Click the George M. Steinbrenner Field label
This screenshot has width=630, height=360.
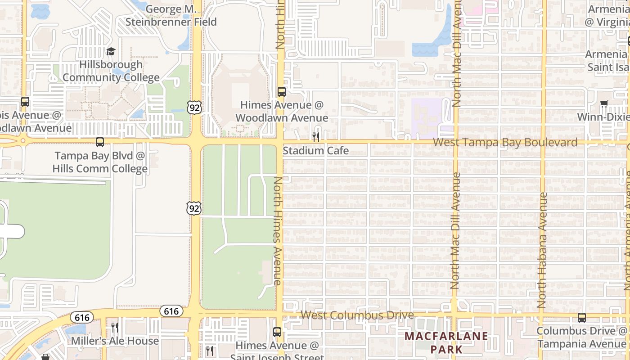click(171, 15)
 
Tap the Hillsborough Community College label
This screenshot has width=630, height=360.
click(111, 71)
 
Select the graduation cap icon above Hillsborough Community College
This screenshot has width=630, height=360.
click(111, 51)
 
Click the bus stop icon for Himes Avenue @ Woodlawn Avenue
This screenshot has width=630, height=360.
click(282, 92)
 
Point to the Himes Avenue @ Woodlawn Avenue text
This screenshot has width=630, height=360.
click(282, 111)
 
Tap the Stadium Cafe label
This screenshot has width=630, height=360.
click(315, 151)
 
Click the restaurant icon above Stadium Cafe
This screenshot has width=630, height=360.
click(316, 136)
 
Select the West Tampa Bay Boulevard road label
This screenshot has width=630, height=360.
click(505, 143)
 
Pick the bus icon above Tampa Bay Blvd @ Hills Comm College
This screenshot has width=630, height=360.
click(100, 142)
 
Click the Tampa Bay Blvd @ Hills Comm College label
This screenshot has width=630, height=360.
click(100, 162)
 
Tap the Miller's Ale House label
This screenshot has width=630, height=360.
click(115, 341)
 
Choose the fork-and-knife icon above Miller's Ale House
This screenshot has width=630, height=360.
click(115, 327)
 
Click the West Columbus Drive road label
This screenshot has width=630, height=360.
click(357, 315)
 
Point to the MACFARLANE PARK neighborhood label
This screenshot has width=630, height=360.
click(446, 342)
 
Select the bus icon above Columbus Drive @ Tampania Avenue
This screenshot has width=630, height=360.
click(582, 318)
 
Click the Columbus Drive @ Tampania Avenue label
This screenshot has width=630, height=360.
click(582, 337)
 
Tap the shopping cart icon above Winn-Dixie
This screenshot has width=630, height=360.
click(604, 104)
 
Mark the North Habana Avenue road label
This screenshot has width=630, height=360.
click(542, 250)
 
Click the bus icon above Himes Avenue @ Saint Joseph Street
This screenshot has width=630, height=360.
click(277, 332)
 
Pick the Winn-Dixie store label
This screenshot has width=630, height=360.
click(603, 117)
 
